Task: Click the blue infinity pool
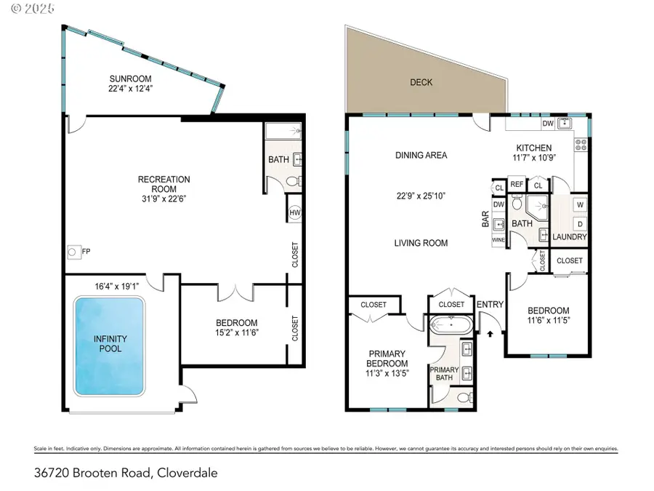(109, 346)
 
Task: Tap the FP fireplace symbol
(72, 252)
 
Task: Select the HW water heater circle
(295, 213)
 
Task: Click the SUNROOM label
(130, 79)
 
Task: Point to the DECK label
(421, 82)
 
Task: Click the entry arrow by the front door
(490, 334)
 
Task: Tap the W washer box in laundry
(580, 205)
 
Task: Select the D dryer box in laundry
(580, 224)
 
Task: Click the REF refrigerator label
(517, 184)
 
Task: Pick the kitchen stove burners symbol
(581, 145)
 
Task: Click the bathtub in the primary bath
(451, 324)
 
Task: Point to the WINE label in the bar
(498, 240)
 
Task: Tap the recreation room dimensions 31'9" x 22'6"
(164, 199)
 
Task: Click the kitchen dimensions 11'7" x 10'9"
(534, 157)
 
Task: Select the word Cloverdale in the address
(187, 473)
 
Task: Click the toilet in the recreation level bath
(294, 182)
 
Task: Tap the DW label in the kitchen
(548, 123)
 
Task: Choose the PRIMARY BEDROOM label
(387, 358)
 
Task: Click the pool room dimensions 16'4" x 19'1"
(117, 287)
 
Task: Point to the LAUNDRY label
(570, 236)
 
